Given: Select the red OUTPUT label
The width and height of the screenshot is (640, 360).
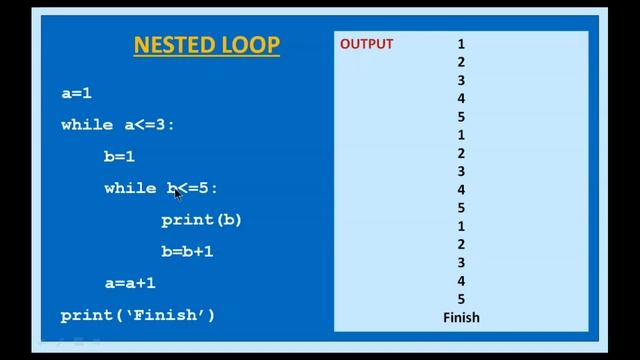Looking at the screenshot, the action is pos(366,44).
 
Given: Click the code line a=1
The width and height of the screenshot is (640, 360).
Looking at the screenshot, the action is pos(76,93).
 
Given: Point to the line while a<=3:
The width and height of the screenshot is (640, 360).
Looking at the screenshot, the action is pos(118,125).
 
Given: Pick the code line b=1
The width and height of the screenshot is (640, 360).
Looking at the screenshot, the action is pos(119,157).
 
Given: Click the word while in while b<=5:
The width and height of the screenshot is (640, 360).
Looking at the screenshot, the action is pos(130,188).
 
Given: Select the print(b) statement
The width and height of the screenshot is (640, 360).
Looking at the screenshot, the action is pos(201,219).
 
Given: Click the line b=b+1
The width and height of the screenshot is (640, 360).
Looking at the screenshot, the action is pos(187,251).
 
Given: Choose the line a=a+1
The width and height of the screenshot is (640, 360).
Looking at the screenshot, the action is pos(130,283).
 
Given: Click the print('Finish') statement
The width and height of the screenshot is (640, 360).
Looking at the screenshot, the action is pos(138,315).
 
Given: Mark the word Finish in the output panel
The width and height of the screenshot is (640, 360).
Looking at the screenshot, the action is pos(461,317).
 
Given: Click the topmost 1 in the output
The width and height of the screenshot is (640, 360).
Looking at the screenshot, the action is pos(461,44).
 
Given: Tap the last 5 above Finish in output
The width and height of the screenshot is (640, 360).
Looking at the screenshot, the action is pos(461,299).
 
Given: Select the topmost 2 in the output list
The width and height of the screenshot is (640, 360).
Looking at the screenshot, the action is pos(461,62).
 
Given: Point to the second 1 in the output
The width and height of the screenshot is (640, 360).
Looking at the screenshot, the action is pos(461,135).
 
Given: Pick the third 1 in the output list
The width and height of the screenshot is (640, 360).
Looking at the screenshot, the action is pos(461,226).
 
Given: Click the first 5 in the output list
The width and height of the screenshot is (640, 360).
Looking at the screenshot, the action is pos(461,117).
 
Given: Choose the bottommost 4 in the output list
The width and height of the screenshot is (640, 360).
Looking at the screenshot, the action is pos(461,281).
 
